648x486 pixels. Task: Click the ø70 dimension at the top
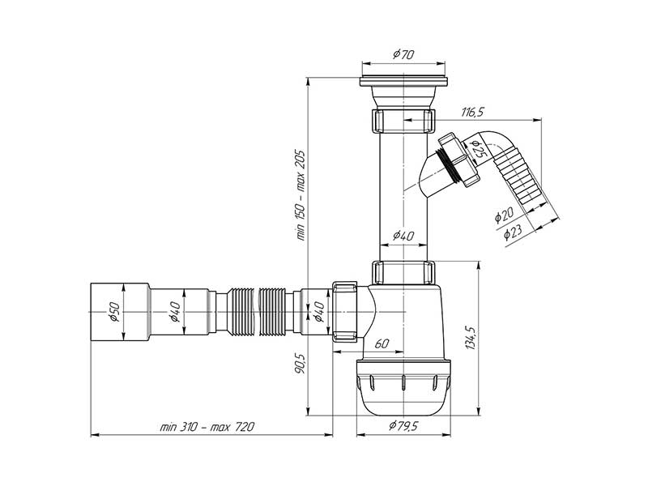pos(403,55)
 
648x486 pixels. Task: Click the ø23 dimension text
pos(513,232)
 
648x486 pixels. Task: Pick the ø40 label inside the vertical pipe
pos(403,236)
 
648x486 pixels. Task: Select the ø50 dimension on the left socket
pos(114,312)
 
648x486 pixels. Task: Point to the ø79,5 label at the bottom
pos(403,426)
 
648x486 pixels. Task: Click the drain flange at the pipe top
pos(403,82)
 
